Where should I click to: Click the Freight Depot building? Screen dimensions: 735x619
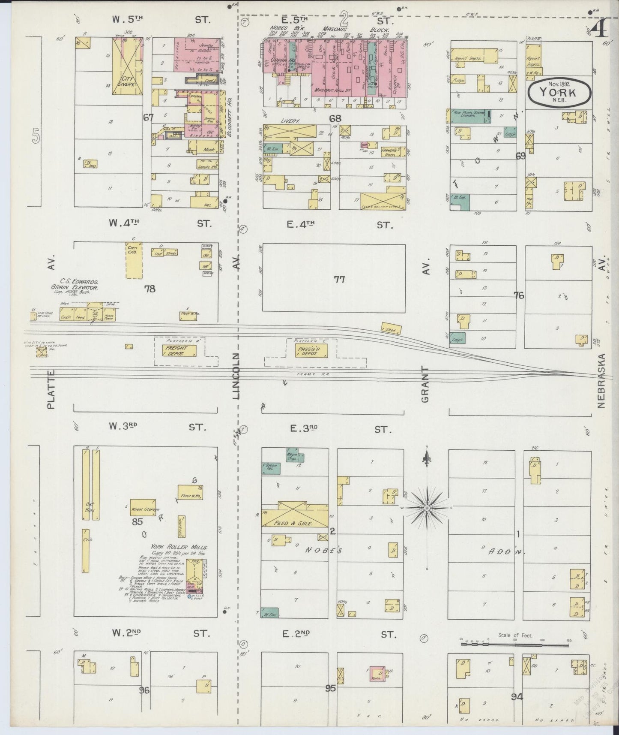click(x=175, y=351)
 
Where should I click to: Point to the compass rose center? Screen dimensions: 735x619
click(x=427, y=508)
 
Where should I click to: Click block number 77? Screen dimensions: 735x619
click(x=339, y=280)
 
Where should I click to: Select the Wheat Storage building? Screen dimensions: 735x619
click(x=143, y=509)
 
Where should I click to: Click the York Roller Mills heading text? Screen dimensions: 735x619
click(x=179, y=548)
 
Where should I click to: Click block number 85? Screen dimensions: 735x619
click(x=137, y=522)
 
